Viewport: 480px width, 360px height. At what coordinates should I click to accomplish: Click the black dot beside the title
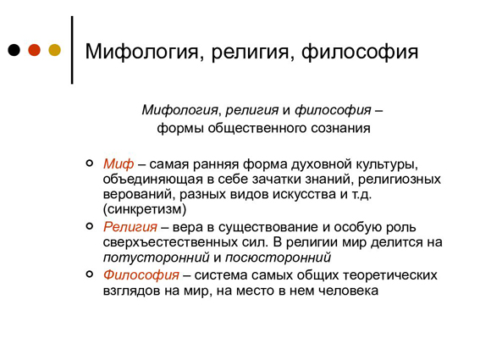point(14,50)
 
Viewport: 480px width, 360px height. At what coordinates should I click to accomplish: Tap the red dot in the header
point(34,50)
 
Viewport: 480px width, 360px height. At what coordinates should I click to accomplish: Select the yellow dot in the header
point(55,50)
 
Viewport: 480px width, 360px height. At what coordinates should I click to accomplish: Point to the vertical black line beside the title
point(72,50)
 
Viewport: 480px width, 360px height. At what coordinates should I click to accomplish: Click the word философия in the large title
point(360,52)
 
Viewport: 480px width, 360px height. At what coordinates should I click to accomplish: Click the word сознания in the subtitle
point(340,128)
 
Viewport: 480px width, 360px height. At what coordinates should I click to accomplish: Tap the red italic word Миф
point(119,164)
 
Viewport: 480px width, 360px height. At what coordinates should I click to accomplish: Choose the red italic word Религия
point(130,227)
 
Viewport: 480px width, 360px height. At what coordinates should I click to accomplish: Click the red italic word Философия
point(141,275)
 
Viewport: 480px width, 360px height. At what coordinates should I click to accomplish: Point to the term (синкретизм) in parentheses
point(145,209)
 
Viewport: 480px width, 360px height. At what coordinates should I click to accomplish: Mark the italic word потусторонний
point(156,258)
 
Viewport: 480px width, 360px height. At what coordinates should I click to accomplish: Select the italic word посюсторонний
point(278,258)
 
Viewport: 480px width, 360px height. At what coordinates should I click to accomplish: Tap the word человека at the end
point(349,291)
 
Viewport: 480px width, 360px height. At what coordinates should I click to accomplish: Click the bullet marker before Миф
point(90,163)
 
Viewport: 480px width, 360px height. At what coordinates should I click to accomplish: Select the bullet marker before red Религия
point(90,226)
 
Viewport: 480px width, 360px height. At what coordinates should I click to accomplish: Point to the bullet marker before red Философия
point(90,274)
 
